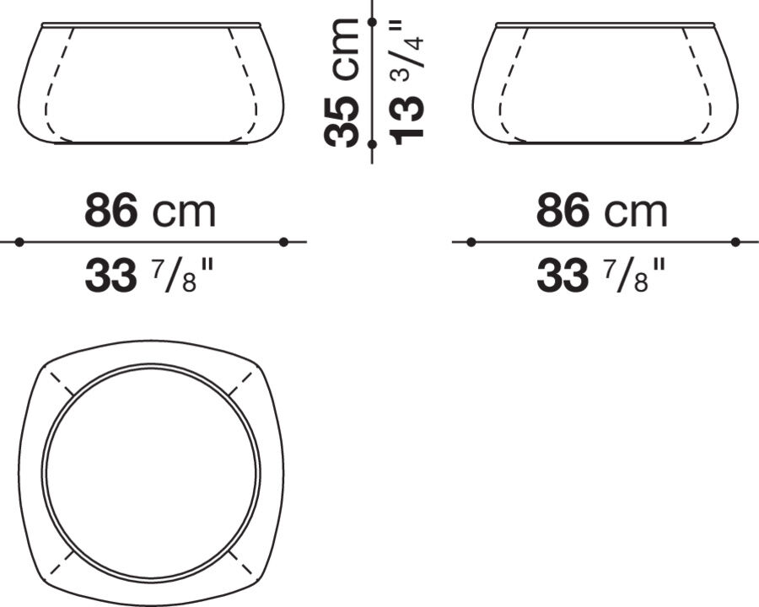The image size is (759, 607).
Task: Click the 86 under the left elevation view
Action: (x=110, y=211)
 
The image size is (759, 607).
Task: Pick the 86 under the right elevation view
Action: (x=563, y=211)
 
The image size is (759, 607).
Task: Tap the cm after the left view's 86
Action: (x=184, y=212)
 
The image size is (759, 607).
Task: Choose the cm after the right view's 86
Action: (x=636, y=212)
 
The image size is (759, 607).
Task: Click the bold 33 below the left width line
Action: (x=110, y=276)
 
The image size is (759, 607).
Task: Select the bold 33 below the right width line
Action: (x=563, y=276)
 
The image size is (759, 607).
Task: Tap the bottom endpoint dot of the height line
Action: (x=372, y=144)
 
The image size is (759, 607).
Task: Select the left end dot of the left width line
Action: (x=19, y=242)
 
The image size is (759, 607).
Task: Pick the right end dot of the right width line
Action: (x=735, y=242)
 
